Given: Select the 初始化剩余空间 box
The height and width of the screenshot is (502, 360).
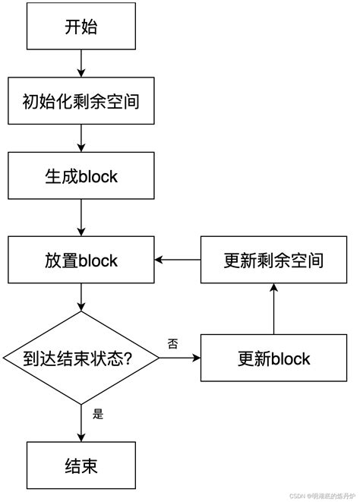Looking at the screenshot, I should pos(81,100).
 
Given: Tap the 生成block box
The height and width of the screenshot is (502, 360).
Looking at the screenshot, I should pos(81,176).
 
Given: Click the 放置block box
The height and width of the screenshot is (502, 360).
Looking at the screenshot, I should pos(81,260).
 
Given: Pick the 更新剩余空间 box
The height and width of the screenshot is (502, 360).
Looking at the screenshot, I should pos(273,260).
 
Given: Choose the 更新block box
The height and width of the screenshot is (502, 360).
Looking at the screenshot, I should pos(273,357).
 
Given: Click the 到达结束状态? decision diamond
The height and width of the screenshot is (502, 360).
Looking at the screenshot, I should pos(81,357).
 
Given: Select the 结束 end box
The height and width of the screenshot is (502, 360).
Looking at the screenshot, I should pos(81,463).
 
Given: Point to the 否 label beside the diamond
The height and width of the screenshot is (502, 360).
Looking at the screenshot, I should pos(172,344).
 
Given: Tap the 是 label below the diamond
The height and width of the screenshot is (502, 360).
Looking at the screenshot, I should pos(97,415).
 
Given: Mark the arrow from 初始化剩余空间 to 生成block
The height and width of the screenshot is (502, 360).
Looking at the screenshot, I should pos(81,138).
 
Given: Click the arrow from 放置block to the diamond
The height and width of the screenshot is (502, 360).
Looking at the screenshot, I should pos(81,298).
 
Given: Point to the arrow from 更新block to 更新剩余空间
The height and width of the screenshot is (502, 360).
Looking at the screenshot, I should pos(273,309).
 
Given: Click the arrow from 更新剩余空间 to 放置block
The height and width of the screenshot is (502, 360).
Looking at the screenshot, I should pos(178,260).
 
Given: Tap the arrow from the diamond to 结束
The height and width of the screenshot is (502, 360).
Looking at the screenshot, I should pos(81,422).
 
